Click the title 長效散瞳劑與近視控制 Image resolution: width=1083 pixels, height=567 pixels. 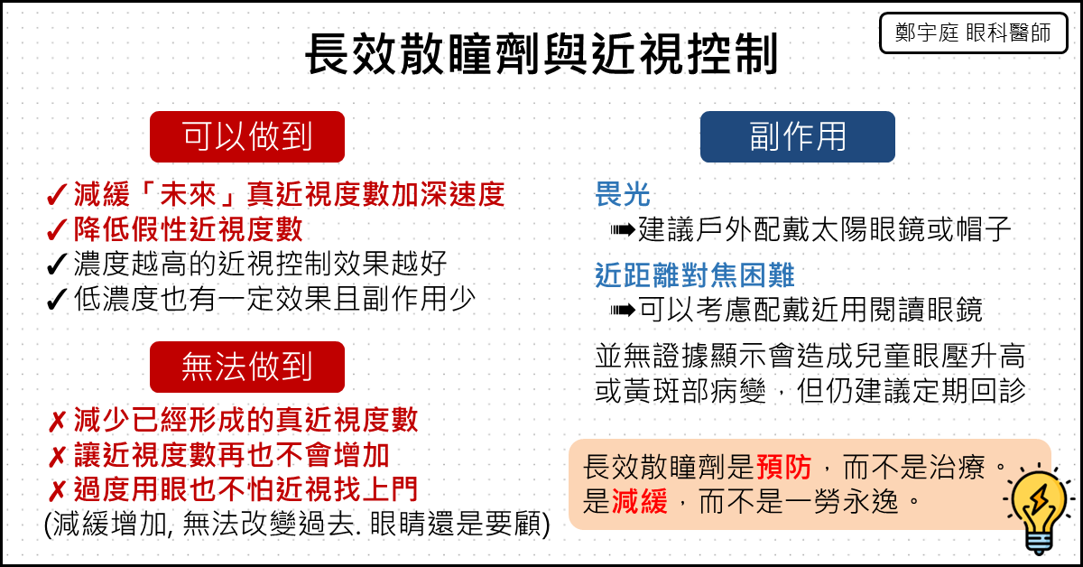click(x=541, y=53)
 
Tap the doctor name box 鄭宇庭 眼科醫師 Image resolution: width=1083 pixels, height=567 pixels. click(x=973, y=33)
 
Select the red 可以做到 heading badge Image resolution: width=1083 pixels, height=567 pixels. click(x=247, y=136)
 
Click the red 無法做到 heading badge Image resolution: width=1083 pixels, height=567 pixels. click(x=247, y=367)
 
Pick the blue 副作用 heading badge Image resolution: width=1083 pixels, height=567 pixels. click(x=797, y=136)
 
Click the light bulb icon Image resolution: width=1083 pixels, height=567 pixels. click(x=1039, y=509)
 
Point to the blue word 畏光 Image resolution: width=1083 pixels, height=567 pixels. click(x=623, y=194)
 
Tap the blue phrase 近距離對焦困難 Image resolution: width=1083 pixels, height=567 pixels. click(x=694, y=274)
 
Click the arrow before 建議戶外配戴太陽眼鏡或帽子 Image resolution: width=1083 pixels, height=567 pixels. click(x=622, y=230)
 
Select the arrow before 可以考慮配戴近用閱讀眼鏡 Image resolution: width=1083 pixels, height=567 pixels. click(x=622, y=310)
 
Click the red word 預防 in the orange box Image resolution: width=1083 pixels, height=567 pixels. click(x=783, y=468)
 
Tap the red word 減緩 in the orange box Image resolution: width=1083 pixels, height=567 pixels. click(x=640, y=501)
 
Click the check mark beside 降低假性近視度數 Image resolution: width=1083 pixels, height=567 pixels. click(x=57, y=230)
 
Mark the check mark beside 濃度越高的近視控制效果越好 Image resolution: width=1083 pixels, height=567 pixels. click(x=57, y=265)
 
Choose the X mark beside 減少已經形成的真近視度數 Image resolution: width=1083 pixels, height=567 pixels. click(x=57, y=422)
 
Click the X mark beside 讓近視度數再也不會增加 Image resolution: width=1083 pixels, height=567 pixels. click(x=57, y=457)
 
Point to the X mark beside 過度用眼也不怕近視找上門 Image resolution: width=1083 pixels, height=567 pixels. click(x=57, y=491)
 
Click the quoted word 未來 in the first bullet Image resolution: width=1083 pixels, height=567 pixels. click(x=188, y=194)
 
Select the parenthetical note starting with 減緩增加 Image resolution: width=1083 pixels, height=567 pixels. click(x=297, y=525)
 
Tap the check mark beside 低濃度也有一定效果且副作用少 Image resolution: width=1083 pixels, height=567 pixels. click(x=57, y=300)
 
